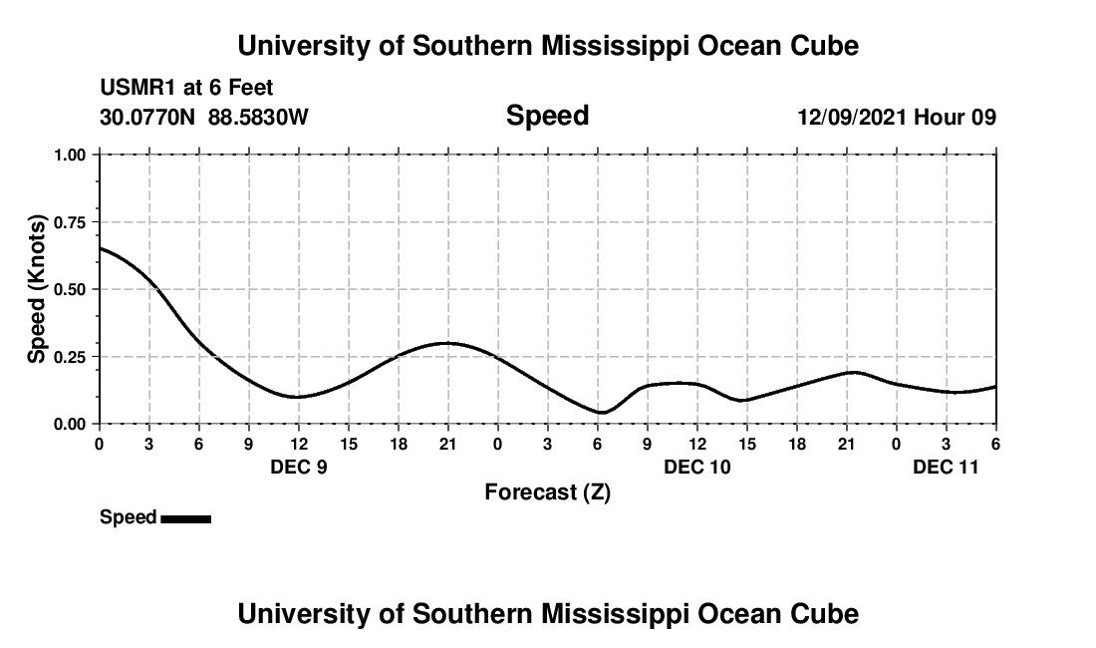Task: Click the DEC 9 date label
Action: [x=299, y=467]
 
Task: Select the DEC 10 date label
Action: [x=697, y=467]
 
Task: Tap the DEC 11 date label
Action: [x=947, y=467]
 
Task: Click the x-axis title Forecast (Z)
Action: [x=547, y=492]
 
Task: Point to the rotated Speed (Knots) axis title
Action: [x=37, y=289]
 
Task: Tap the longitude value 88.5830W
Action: [x=258, y=118]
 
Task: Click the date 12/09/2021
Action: [x=852, y=118]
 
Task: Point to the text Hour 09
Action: [x=956, y=118]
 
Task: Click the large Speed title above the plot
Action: [x=547, y=116]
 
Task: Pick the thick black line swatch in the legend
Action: [x=185, y=518]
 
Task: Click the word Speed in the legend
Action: [x=128, y=517]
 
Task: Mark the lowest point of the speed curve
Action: [x=601, y=413]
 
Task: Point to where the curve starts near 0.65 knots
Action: [x=100, y=248]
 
